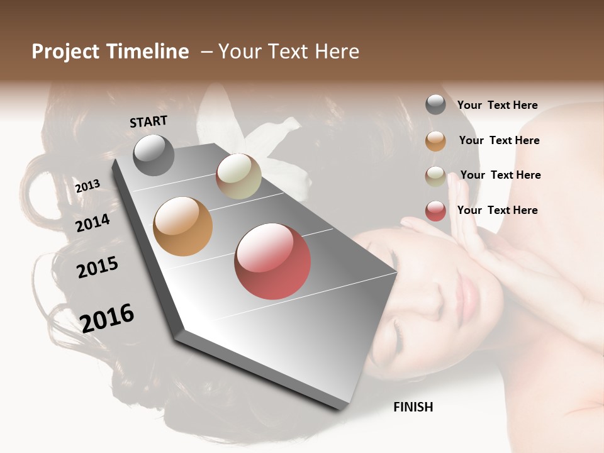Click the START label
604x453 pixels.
pos(148,121)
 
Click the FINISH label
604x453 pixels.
pos(413,407)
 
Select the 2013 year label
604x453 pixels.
pos(87,186)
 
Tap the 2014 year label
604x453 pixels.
pos(92,223)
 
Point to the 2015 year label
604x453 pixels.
pos(98,267)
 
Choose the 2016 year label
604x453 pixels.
pos(107,318)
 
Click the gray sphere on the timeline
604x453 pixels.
pos(154,155)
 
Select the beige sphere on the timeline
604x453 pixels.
pos(238,176)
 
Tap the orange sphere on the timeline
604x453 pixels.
pos(183,226)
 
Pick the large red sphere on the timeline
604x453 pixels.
pos(272,261)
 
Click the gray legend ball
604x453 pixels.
pos(435,104)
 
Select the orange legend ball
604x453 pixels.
pos(435,141)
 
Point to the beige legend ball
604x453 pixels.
pos(435,176)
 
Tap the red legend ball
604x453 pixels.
pos(435,211)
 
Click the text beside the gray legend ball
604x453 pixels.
pos(497,105)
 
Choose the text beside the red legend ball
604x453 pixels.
pos(497,210)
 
